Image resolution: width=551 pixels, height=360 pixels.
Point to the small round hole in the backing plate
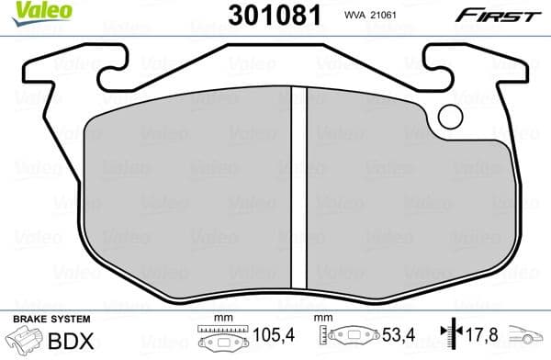pyautogui.click(x=451, y=116)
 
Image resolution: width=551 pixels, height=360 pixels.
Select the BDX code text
pyautogui.click(x=72, y=339)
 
